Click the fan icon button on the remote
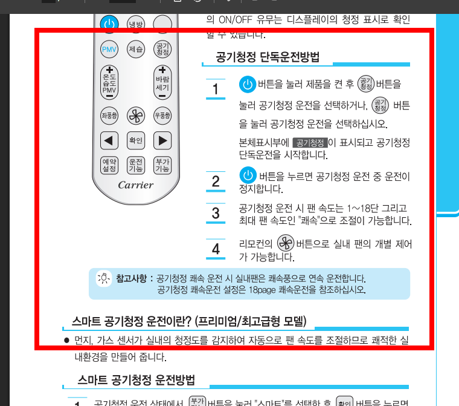[x=136, y=115]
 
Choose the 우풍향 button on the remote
[x=162, y=115]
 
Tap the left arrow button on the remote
[x=109, y=141]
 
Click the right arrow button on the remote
[x=162, y=141]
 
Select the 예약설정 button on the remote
[x=109, y=165]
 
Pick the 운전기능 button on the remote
[x=136, y=165]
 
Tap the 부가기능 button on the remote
[x=162, y=165]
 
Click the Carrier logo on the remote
[x=136, y=185]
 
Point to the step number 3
[x=216, y=213]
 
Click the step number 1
[x=216, y=90]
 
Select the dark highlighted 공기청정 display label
[x=309, y=143]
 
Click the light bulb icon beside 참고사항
[x=104, y=278]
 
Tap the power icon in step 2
[x=248, y=176]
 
